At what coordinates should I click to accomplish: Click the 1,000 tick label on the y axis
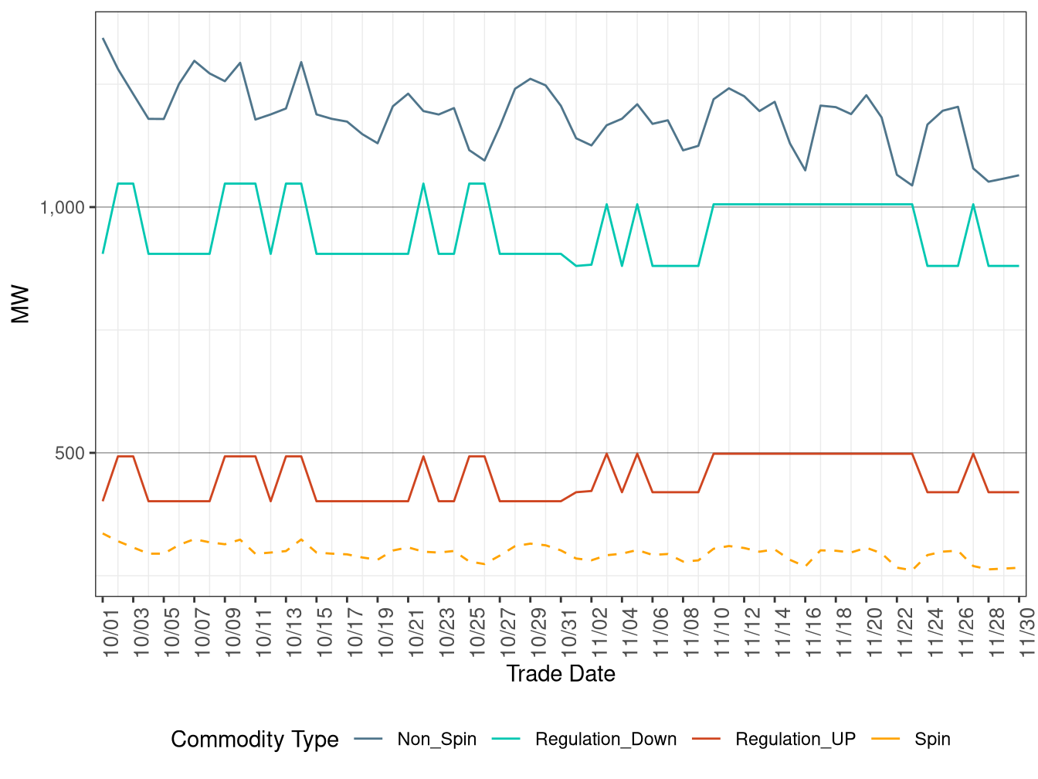(62, 207)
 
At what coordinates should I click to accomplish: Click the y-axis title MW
(20, 304)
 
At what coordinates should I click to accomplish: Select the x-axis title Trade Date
(561, 674)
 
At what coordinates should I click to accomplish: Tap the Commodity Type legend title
(255, 740)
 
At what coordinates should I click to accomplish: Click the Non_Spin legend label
(436, 740)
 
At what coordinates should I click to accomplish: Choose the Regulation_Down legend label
(605, 740)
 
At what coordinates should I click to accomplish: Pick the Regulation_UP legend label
(795, 740)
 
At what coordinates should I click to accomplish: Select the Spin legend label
(932, 740)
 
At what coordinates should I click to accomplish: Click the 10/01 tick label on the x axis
(112, 632)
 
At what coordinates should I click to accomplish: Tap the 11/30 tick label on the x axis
(1028, 632)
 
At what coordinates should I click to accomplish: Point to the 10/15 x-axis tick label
(326, 632)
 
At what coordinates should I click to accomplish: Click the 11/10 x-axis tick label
(723, 632)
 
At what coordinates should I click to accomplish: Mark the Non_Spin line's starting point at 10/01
(103, 38)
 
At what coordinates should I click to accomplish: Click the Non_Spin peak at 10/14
(301, 62)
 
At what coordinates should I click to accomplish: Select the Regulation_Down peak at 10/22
(423, 184)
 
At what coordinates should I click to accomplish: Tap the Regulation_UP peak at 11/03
(606, 454)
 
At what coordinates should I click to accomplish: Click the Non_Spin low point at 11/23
(912, 185)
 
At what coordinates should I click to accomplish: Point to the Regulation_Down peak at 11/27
(973, 205)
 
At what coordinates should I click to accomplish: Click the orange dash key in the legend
(885, 740)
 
